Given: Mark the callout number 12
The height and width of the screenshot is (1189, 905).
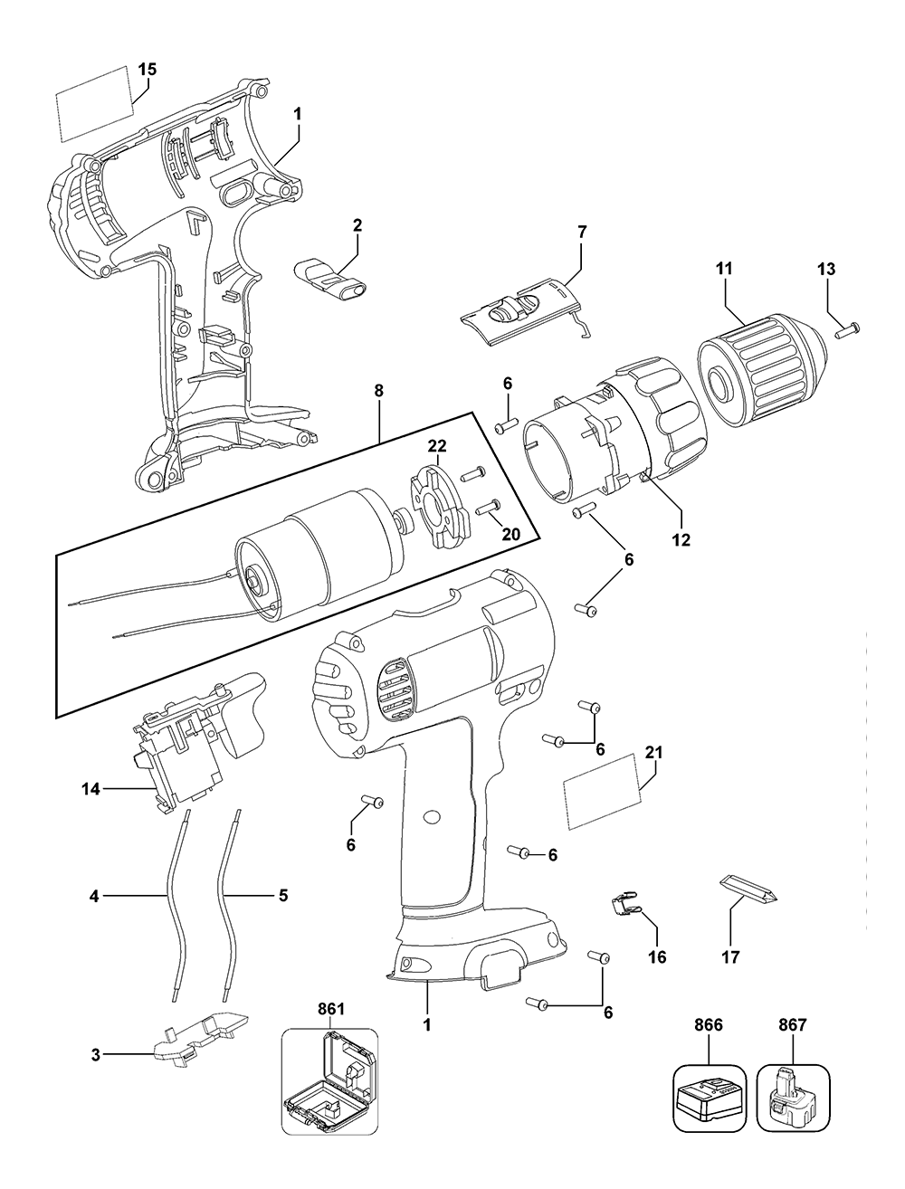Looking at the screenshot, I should pos(681,539).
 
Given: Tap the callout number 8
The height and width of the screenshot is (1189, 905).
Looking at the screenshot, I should pos(378,392).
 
